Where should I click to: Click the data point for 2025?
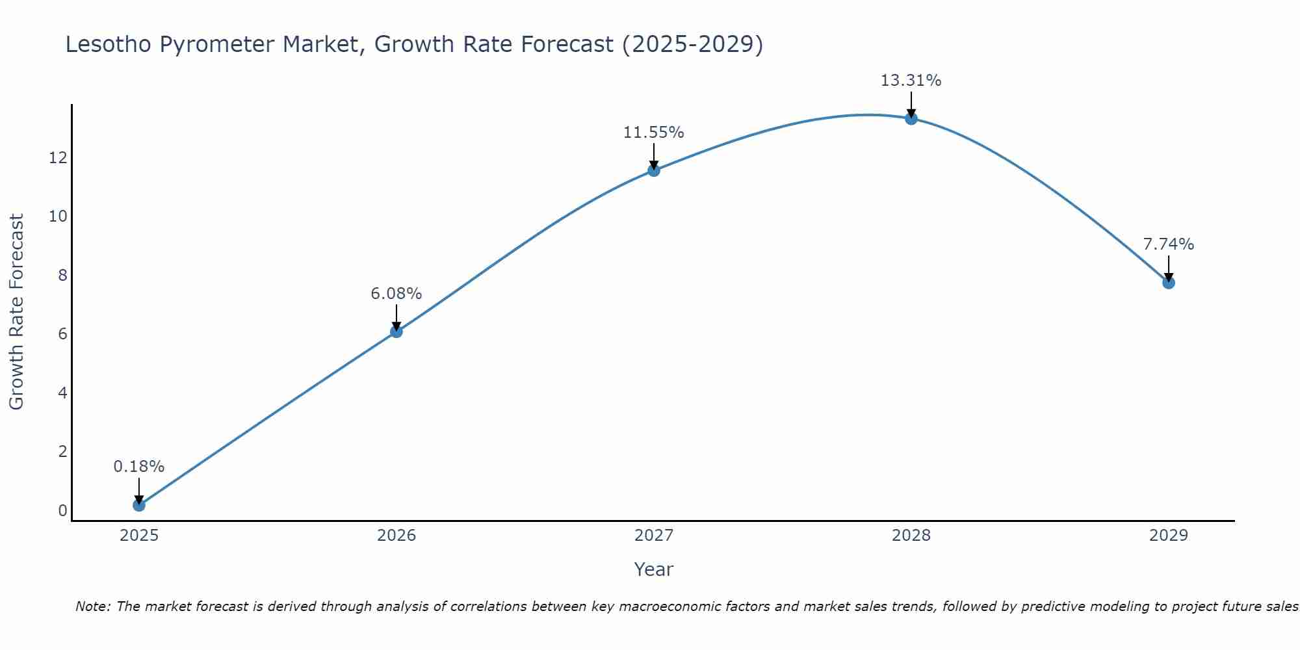(x=138, y=505)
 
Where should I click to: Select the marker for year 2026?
(x=396, y=331)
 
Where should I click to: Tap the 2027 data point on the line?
(x=654, y=170)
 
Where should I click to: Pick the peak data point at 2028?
(x=911, y=118)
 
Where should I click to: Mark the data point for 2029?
(x=1169, y=283)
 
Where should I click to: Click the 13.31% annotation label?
(x=911, y=81)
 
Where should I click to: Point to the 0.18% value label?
(x=138, y=467)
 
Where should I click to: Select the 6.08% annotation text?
(x=396, y=294)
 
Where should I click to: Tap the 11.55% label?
(x=653, y=133)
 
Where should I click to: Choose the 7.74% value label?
(x=1168, y=244)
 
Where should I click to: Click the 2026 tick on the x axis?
(x=396, y=536)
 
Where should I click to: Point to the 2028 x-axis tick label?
(x=911, y=536)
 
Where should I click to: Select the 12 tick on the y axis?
(x=58, y=157)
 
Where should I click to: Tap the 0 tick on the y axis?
(x=62, y=511)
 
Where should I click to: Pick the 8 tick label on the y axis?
(x=62, y=275)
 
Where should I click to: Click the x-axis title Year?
(x=653, y=569)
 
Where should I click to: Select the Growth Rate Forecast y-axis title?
(x=16, y=311)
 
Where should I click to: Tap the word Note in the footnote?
(x=93, y=606)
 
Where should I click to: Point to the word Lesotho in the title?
(x=106, y=44)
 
